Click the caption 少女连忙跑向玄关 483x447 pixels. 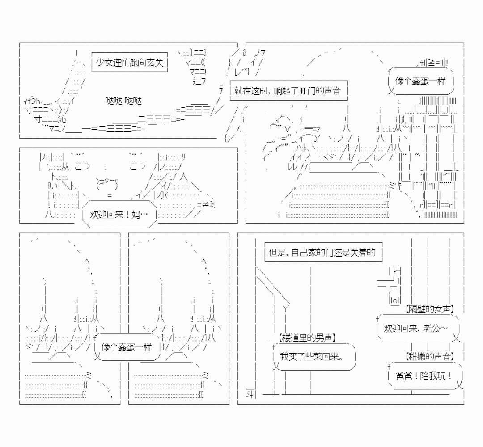tap(129, 63)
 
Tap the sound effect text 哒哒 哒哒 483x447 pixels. tap(123, 101)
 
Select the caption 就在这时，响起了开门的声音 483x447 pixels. tap(288, 91)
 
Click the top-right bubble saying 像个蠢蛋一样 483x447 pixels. tap(421, 81)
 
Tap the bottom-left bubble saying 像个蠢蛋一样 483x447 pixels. tap(127, 347)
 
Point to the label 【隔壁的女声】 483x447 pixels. tap(429, 309)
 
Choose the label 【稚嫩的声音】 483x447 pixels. tap(430, 356)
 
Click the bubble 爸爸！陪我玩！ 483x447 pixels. tap(424, 376)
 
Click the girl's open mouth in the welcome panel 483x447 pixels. tap(107, 184)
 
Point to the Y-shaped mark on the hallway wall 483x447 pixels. tap(286, 308)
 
